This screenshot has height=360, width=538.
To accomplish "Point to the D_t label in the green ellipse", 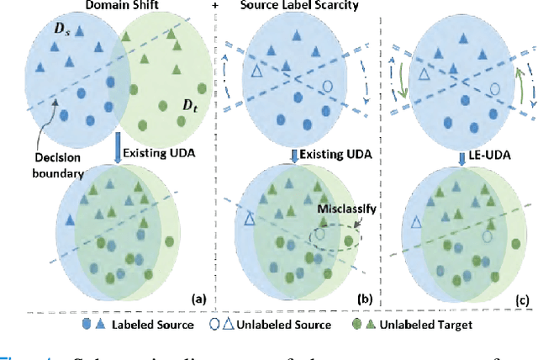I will [x=182, y=108].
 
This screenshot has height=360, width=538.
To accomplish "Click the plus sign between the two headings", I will [x=216, y=8].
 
